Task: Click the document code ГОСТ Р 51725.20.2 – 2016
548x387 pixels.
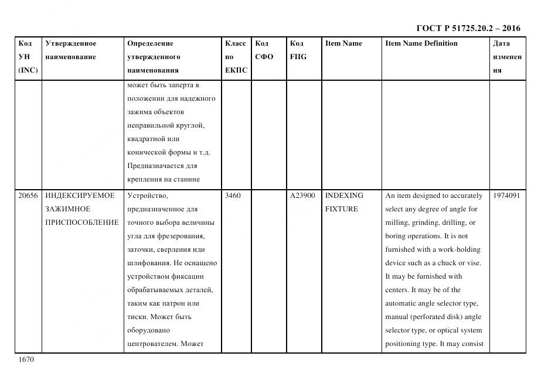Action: (468, 28)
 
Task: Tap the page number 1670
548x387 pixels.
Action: (27, 359)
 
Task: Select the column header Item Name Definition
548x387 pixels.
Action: (421, 43)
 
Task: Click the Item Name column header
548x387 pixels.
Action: (343, 43)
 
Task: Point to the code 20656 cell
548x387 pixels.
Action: (28, 196)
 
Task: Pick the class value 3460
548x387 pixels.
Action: (233, 196)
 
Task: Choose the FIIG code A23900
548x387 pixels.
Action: (302, 196)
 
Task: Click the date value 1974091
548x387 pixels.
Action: (506, 196)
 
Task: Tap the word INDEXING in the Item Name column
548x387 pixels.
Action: (344, 196)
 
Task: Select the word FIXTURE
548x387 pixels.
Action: (342, 209)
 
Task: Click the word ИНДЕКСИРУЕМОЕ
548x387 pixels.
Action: (80, 196)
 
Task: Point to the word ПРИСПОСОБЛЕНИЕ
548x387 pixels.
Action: (82, 222)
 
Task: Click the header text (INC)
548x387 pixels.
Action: (28, 70)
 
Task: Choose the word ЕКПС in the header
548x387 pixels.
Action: (236, 70)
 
